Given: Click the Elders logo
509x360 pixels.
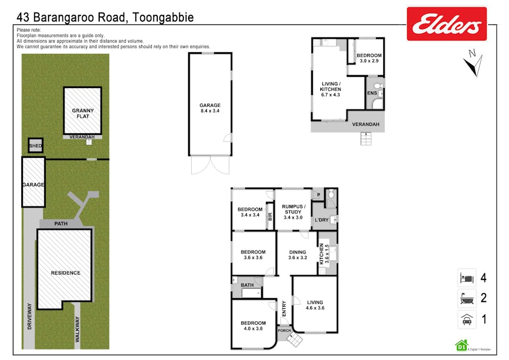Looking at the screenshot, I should [x=447, y=23].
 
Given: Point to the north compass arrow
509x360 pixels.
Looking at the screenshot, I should [x=472, y=62].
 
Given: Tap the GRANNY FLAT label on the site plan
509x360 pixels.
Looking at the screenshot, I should [x=83, y=114].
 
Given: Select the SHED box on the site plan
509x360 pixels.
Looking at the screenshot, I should [x=36, y=146].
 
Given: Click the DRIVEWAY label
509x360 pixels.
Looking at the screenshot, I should [x=29, y=316].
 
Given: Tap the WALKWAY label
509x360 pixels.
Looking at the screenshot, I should [x=77, y=329].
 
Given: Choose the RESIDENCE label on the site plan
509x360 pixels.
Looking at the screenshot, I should [x=66, y=273].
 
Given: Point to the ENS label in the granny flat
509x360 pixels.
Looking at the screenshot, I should [x=371, y=93].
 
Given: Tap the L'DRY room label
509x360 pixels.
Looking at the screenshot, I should [x=321, y=220].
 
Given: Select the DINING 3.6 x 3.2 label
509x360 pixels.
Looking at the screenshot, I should [x=297, y=255].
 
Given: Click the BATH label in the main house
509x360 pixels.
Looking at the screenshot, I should [x=247, y=285].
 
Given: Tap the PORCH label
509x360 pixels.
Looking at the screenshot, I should [x=285, y=331].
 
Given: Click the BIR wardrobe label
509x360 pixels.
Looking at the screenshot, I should [x=270, y=216].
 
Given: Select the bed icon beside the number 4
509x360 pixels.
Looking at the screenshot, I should [x=467, y=278].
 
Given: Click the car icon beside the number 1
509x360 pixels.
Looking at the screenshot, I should [x=467, y=319].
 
